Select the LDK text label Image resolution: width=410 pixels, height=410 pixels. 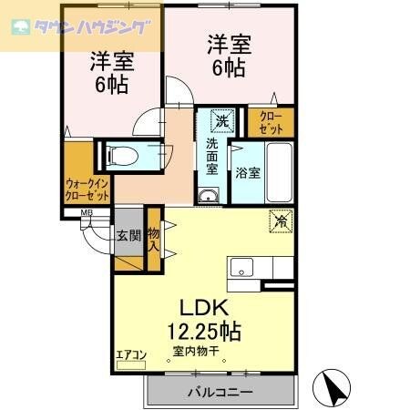204,306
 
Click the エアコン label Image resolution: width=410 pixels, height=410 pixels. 131,355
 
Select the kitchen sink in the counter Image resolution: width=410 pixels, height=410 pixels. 241,267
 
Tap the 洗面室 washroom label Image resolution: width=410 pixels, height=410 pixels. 211,156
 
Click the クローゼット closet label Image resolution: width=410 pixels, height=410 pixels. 272,123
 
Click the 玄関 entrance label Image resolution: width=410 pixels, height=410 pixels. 128,236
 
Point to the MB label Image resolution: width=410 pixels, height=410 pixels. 87,215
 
